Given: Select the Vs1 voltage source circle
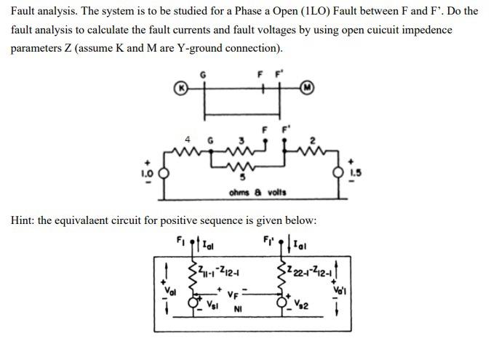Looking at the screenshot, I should coord(193,300).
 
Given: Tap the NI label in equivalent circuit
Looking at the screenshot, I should coord(238,308).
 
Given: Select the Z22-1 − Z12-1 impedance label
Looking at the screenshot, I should coord(308,273).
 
